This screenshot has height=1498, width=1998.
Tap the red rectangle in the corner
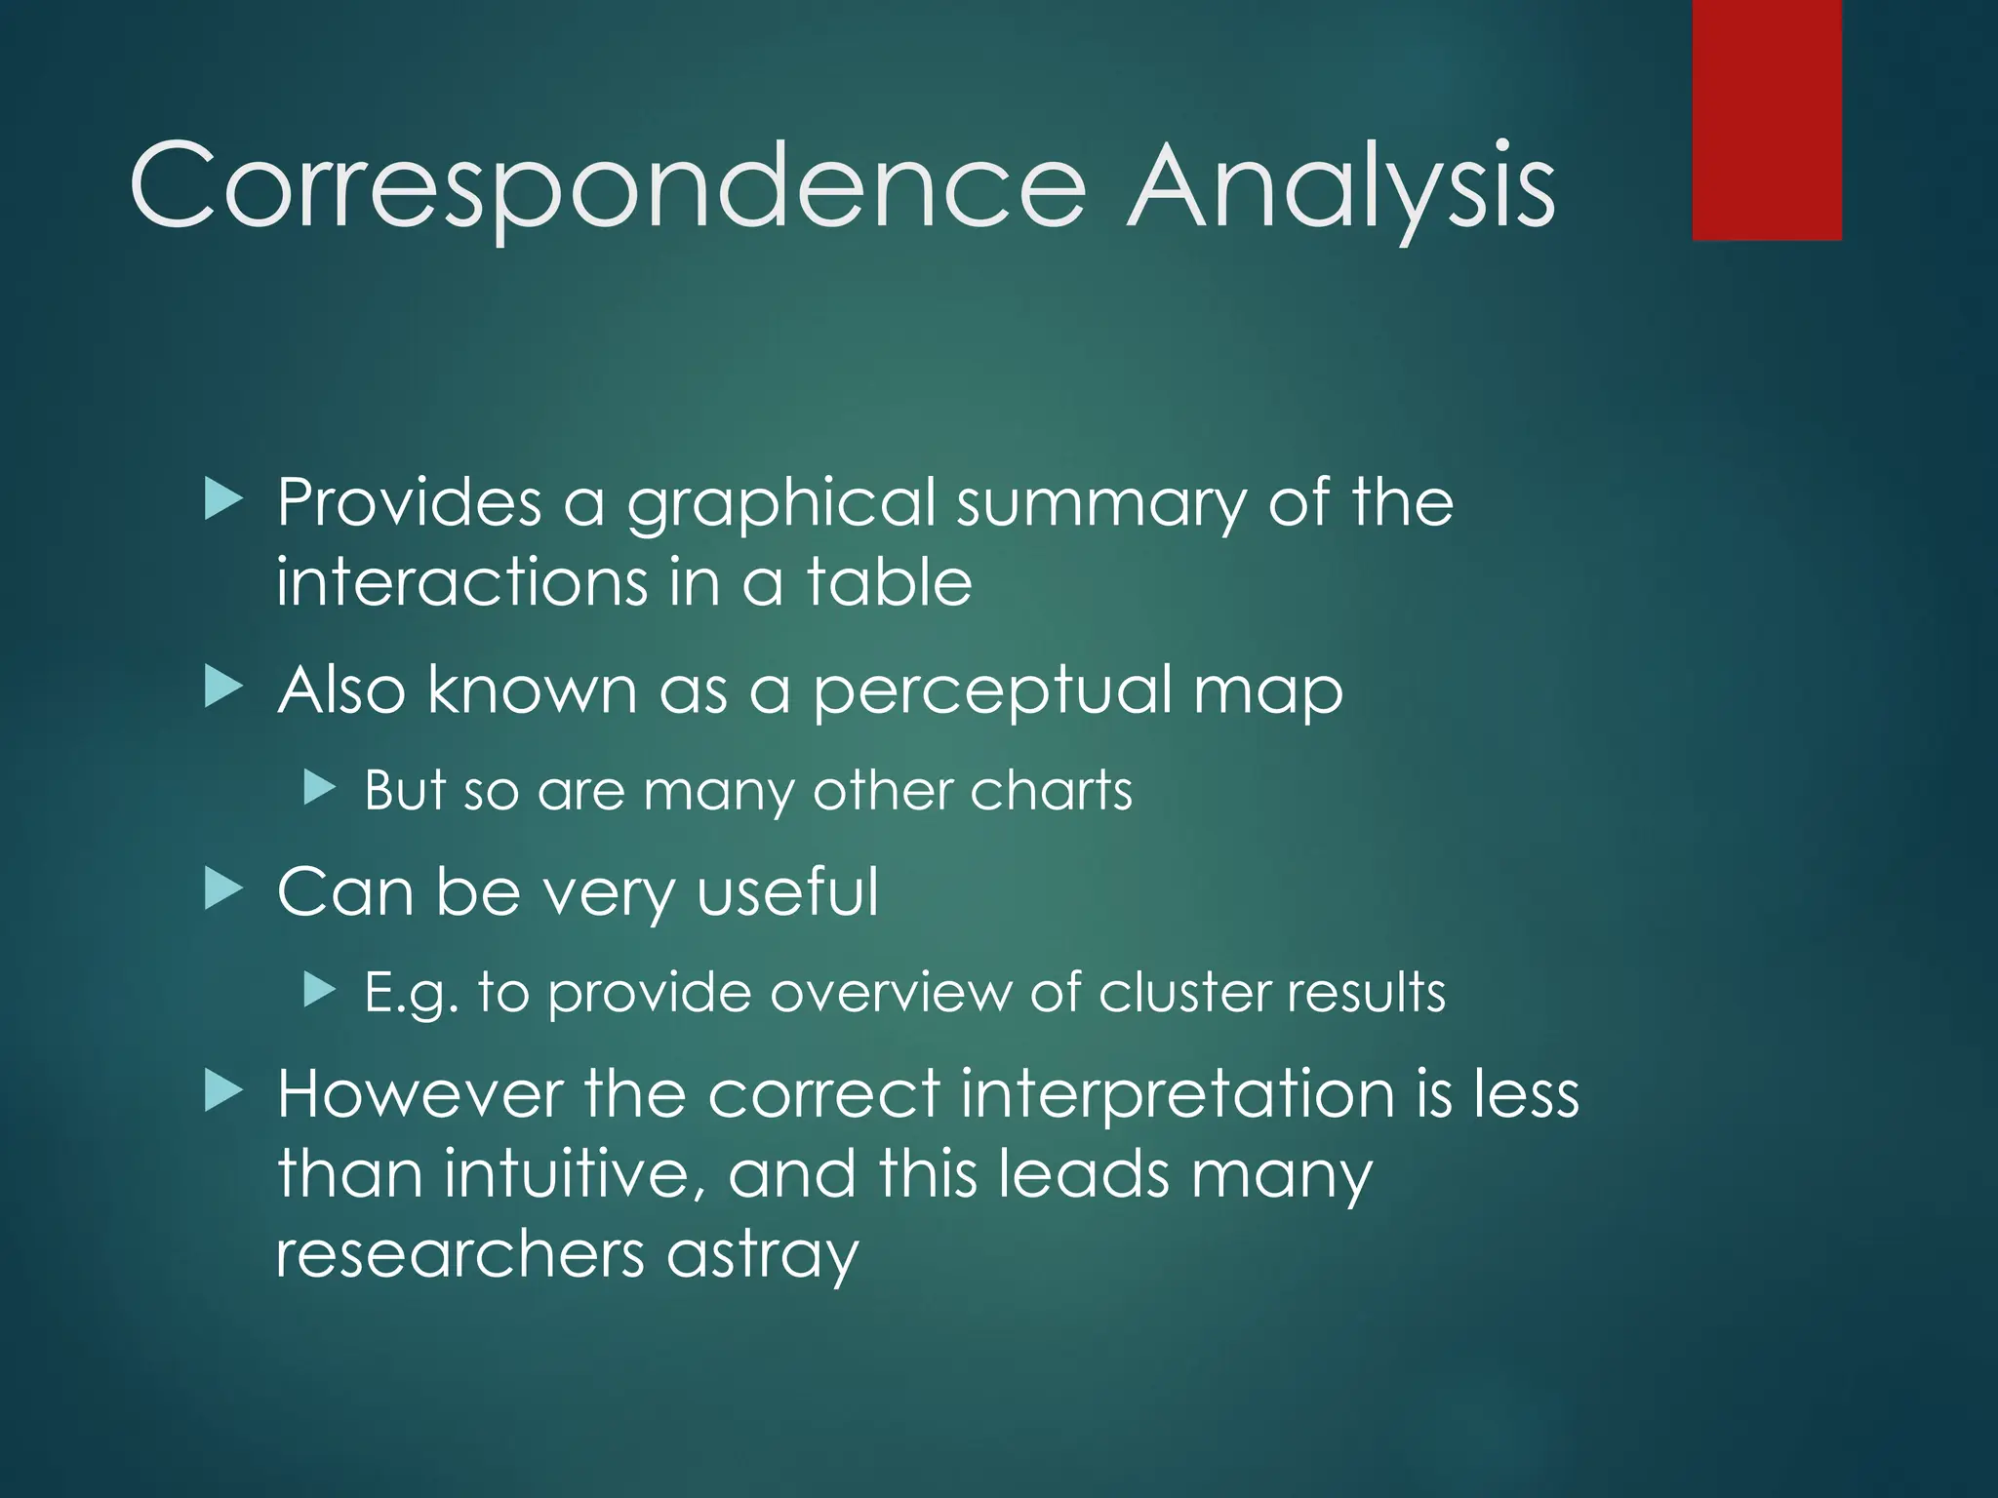pos(1767,120)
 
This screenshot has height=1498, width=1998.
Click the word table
pos(889,582)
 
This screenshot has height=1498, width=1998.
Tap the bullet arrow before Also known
pos(223,688)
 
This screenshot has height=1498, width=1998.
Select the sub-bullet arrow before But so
pos(319,787)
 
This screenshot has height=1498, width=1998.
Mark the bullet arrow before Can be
pos(223,889)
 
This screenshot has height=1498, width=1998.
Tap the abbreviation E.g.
pos(411,994)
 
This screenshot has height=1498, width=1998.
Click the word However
pos(420,1093)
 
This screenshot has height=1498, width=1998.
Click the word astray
pos(762,1255)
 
